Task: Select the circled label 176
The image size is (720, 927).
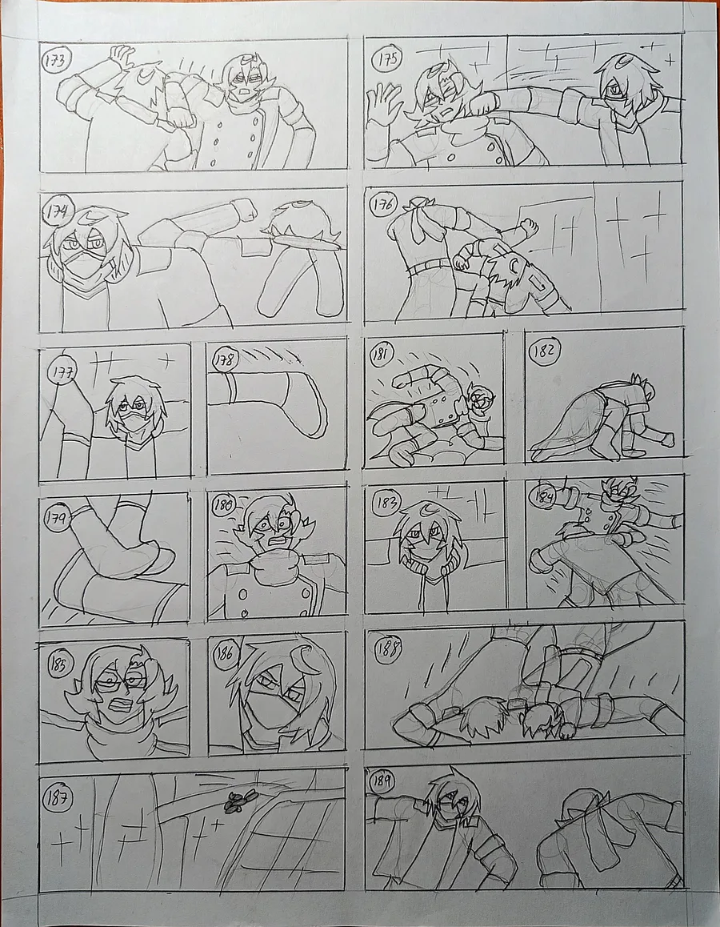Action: point(382,205)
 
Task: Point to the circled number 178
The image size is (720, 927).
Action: point(225,359)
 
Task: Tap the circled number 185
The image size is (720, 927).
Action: point(59,664)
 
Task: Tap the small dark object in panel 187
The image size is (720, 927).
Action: point(238,799)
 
